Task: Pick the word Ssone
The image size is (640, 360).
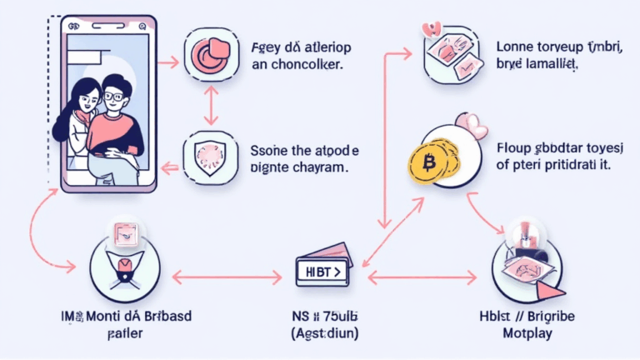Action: (268, 150)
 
